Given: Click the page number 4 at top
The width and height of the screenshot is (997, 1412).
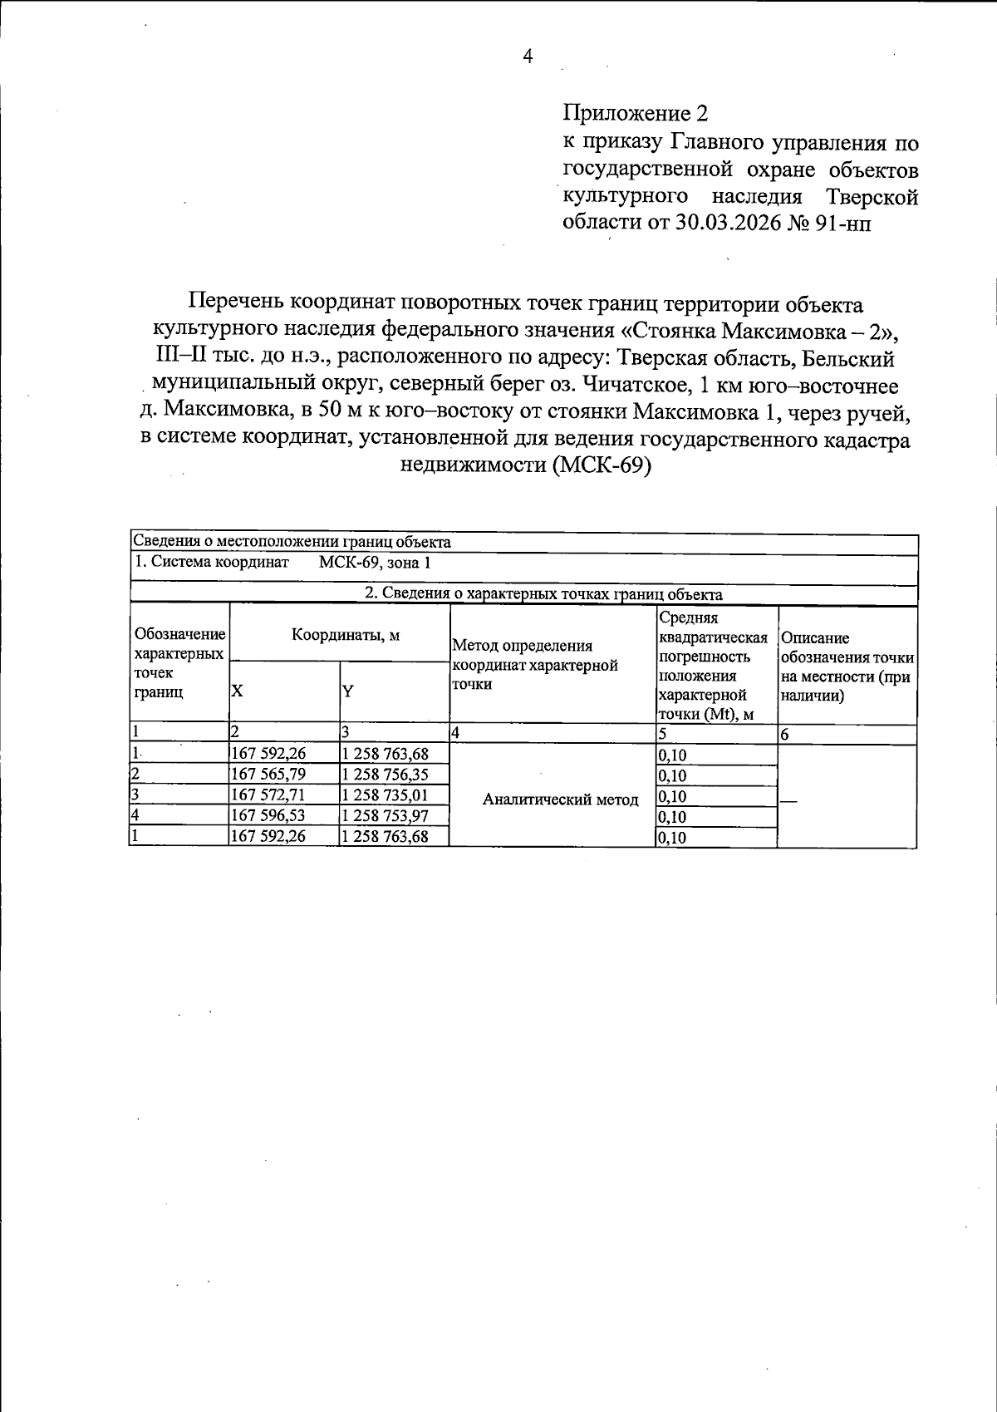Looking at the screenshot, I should pos(528,57).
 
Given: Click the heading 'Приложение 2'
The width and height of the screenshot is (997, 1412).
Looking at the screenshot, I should pos(637,113).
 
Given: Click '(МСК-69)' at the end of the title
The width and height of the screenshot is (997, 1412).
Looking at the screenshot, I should pos(600,465).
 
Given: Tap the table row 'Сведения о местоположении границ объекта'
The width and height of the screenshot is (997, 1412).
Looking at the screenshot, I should pos(292,543).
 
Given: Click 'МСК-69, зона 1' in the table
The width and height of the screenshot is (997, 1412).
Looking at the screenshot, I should pos(375,563).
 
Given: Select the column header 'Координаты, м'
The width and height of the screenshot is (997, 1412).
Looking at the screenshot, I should pos(345,636).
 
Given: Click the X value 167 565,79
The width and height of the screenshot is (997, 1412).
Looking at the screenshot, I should pos(268,775).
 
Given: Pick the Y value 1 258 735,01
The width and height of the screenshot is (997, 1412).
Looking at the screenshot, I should pos(386,795).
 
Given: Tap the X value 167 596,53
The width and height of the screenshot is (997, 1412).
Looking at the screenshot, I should pos(268,816).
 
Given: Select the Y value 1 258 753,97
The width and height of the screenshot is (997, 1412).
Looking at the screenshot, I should pos(386,816).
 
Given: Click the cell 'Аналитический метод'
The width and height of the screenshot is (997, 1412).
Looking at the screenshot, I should pos(560,800).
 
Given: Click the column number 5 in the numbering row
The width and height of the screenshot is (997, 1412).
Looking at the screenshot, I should pos(663,734).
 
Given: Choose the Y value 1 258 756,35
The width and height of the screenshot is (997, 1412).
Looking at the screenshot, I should pos(386,775).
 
